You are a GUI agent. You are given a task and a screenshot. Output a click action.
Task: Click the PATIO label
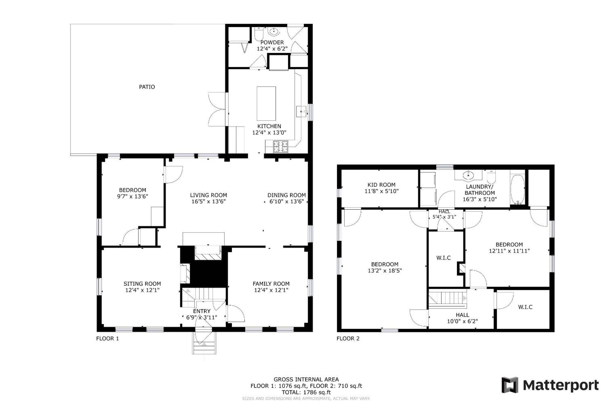(147, 87)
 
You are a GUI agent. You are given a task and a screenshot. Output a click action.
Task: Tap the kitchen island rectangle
(266, 104)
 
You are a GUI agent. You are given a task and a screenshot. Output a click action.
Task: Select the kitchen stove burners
(280, 147)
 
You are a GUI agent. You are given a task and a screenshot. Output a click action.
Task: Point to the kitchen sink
(301, 112)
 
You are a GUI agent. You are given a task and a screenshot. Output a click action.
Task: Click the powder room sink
(273, 32)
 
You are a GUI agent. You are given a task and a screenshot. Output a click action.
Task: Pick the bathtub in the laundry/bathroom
(517, 189)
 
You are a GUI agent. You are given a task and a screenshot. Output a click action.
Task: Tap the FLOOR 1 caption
(108, 339)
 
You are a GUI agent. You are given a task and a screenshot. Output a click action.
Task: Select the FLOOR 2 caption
(348, 339)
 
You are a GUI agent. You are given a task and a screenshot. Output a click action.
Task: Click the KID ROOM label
(381, 185)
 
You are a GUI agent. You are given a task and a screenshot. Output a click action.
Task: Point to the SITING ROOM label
(142, 284)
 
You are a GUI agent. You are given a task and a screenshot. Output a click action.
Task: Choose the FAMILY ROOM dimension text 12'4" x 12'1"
(271, 290)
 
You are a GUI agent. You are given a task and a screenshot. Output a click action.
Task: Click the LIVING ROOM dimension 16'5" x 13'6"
(209, 202)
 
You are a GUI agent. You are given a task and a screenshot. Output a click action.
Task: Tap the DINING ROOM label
(287, 195)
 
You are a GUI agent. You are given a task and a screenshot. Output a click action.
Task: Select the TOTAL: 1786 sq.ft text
(306, 392)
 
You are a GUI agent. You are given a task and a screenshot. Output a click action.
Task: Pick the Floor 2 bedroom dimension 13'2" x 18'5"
(385, 271)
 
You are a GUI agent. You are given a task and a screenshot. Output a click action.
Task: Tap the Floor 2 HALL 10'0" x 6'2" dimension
(462, 321)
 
